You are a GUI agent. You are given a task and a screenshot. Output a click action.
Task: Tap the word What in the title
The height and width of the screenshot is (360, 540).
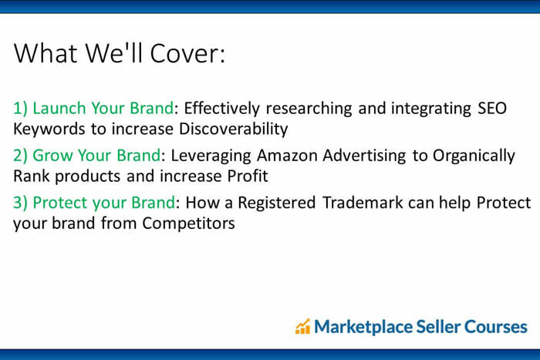coord(46,53)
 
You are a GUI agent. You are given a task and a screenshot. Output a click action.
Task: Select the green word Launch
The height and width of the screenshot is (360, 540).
coord(59,108)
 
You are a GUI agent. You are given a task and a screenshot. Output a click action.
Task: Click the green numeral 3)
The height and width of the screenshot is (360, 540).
coord(20,203)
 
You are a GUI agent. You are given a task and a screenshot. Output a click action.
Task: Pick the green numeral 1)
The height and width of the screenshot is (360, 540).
coord(20,109)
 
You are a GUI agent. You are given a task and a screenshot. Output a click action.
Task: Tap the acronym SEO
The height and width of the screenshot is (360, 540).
coord(492,108)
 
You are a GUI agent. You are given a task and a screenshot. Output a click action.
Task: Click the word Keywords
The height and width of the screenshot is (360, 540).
coord(49,130)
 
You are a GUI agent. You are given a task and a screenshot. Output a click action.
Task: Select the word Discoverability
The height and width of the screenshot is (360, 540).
coord(234,130)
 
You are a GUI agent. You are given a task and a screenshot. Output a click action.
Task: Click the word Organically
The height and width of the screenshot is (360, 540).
coord(474,156)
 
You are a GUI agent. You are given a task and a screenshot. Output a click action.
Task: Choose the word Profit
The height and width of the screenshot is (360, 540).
coord(248,176)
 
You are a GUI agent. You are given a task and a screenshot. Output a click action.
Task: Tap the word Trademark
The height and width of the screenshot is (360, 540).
coord(363,203)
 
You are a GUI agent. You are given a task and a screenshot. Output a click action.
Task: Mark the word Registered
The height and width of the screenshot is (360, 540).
coord(276,204)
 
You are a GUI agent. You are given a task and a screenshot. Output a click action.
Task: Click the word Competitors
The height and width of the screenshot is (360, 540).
coord(188,224)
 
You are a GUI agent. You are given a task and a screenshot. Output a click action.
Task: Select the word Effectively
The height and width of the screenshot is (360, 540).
coord(222,109)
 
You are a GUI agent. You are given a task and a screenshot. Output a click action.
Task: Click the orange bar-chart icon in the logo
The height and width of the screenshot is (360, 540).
coord(302,326)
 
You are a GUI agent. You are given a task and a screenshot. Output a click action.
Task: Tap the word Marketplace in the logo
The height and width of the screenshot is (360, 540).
coord(363,327)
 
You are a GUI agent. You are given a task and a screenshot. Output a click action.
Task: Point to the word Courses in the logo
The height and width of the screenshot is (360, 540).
coord(496,327)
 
